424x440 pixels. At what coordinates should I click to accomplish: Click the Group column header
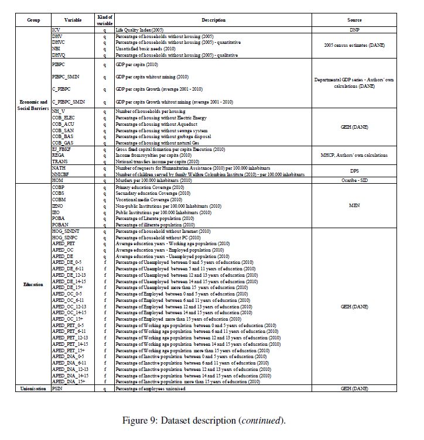pos(34,20)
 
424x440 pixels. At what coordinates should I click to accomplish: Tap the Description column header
pos(214,20)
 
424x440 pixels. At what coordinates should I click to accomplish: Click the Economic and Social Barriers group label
pos(34,105)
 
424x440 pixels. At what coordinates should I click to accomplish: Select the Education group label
pos(34,284)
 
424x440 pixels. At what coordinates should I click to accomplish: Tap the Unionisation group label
pos(34,388)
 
